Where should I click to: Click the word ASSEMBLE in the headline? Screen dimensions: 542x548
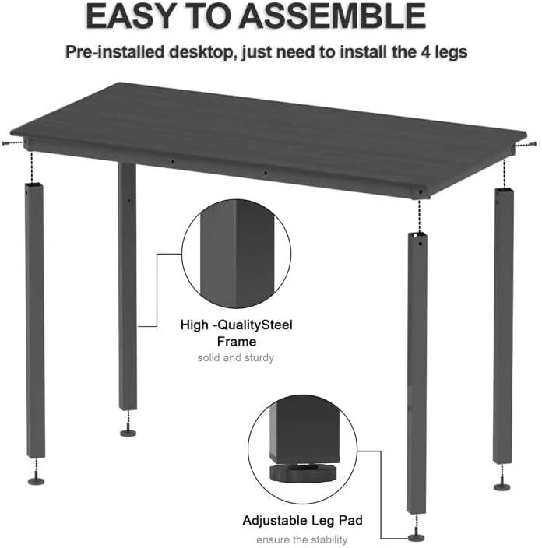[332, 16]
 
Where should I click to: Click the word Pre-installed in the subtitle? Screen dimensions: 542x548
[114, 52]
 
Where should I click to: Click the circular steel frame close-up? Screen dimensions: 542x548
[237, 254]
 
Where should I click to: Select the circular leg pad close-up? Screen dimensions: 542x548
[303, 449]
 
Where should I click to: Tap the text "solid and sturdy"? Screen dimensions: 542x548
[236, 358]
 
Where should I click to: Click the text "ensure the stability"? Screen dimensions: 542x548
[302, 539]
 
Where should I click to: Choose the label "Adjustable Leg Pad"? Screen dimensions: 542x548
[302, 521]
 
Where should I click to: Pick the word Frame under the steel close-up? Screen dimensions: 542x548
[237, 342]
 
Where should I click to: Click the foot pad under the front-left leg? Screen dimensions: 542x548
[37, 481]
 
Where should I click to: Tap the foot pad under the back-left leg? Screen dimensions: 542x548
[128, 434]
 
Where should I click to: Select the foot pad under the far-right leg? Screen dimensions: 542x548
[502, 487]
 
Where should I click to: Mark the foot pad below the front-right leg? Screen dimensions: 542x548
[417, 538]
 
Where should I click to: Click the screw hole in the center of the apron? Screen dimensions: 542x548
[266, 173]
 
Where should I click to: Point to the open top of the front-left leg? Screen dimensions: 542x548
[34, 184]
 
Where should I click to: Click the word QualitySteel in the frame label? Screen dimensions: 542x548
[255, 325]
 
